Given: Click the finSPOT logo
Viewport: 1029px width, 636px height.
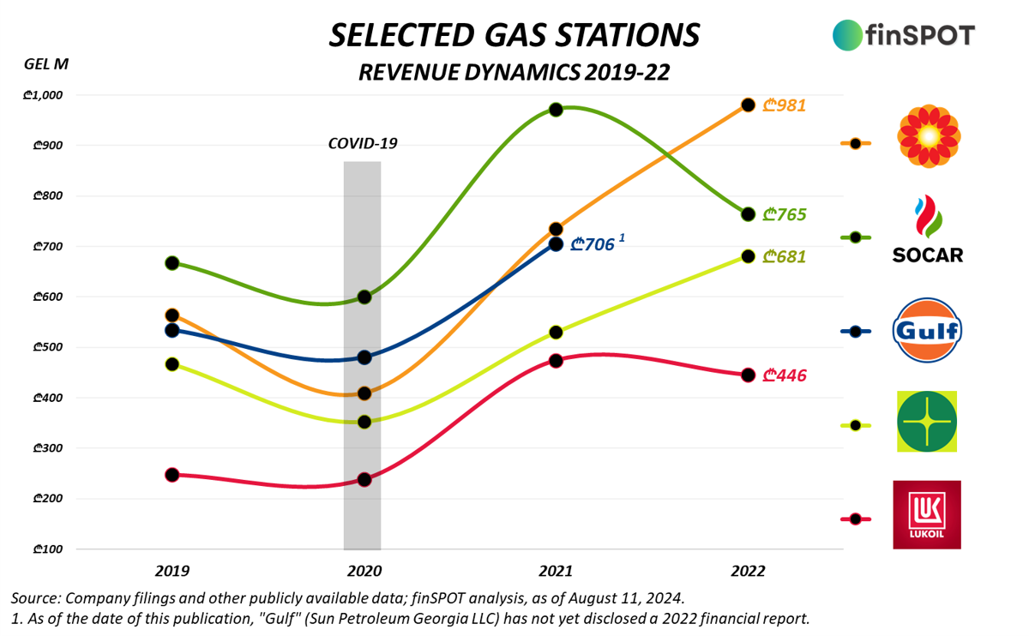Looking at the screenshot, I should tap(903, 34).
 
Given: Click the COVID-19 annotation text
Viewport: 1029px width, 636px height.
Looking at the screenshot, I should tap(363, 143).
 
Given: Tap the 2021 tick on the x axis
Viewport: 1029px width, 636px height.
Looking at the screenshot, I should tap(556, 571).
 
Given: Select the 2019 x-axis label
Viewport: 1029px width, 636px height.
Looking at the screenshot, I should tap(171, 571).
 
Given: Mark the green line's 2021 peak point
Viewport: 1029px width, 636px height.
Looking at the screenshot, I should tap(556, 110).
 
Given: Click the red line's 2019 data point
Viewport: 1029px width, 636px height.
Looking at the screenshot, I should tap(171, 474).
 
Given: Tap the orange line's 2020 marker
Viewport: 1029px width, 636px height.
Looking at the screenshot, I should tap(364, 393).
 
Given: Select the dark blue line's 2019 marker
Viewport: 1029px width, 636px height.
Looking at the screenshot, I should tap(171, 330).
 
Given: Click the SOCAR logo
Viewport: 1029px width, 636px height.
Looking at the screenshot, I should tap(928, 230).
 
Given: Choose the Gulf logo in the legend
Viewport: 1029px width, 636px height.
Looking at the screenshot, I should tap(928, 331).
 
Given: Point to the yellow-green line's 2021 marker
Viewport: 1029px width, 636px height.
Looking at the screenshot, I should tap(556, 332).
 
